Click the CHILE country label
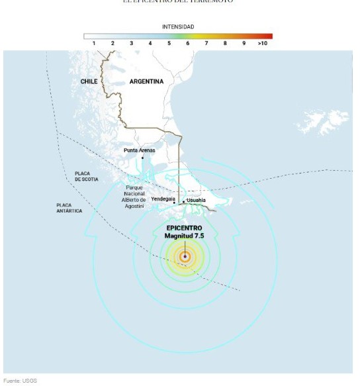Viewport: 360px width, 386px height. click(89, 81)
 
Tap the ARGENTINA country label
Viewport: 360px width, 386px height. click(146, 81)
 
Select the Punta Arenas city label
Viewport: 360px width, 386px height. click(140, 150)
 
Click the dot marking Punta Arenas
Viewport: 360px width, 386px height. click(142, 158)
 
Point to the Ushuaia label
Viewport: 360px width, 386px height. click(196, 199)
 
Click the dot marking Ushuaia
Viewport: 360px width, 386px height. click(183, 201)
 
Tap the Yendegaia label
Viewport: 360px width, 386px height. click(163, 199)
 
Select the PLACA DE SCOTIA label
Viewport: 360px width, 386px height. click(87, 176)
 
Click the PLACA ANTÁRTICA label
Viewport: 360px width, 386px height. click(69, 208)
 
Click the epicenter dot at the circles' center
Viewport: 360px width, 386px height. click(185, 256)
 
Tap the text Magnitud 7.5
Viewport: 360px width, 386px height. click(185, 236)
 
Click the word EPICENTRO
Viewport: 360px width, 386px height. click(185, 228)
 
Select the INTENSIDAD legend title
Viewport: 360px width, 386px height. click(178, 26)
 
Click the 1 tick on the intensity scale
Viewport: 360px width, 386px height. click(94, 43)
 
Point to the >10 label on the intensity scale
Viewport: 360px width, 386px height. click(262, 43)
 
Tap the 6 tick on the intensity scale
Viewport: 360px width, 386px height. click(187, 43)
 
